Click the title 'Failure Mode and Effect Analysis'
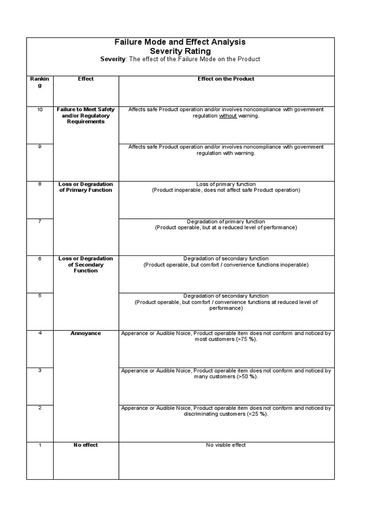pyautogui.click(x=180, y=42)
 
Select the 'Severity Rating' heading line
pyautogui.click(x=180, y=51)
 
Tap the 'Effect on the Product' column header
pyautogui.click(x=226, y=79)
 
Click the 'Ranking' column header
pyautogui.click(x=40, y=82)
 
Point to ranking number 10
pyautogui.click(x=40, y=110)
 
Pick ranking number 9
pyautogui.click(x=40, y=147)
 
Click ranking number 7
pyautogui.click(x=40, y=221)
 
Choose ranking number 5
pyautogui.click(x=40, y=296)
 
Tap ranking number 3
pyautogui.click(x=40, y=371)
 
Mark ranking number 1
pyautogui.click(x=40, y=445)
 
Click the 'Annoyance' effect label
pyautogui.click(x=86, y=333)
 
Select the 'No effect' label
pyautogui.click(x=86, y=445)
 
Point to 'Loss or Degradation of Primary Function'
pyautogui.click(x=86, y=187)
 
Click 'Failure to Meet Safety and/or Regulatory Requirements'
pyautogui.click(x=86, y=116)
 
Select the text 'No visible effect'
pyautogui.click(x=226, y=445)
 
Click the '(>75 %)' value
pyautogui.click(x=247, y=340)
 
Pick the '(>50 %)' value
pyautogui.click(x=248, y=377)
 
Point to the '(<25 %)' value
pyautogui.click(x=258, y=414)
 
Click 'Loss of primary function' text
pyautogui.click(x=226, y=184)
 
